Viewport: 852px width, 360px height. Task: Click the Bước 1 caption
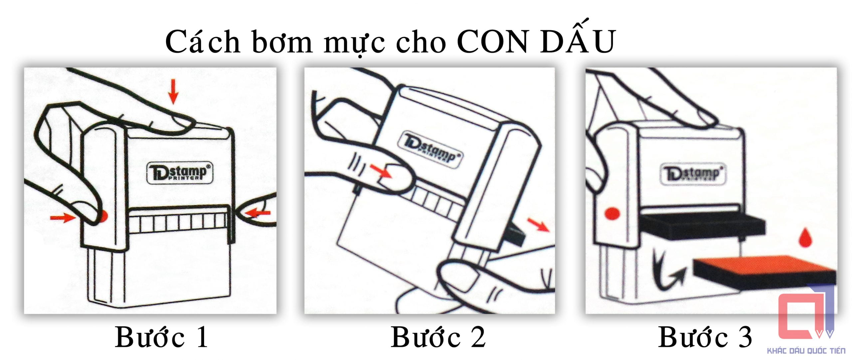162,337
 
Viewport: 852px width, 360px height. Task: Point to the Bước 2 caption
438,337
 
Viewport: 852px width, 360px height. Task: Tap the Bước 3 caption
705,337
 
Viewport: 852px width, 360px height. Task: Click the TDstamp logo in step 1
179,173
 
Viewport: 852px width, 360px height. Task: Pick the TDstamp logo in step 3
692,173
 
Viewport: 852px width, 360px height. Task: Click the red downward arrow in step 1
173,91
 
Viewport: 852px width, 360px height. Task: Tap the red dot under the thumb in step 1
104,216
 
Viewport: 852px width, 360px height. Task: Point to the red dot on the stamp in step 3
612,213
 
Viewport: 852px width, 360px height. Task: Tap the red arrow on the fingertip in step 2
381,172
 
